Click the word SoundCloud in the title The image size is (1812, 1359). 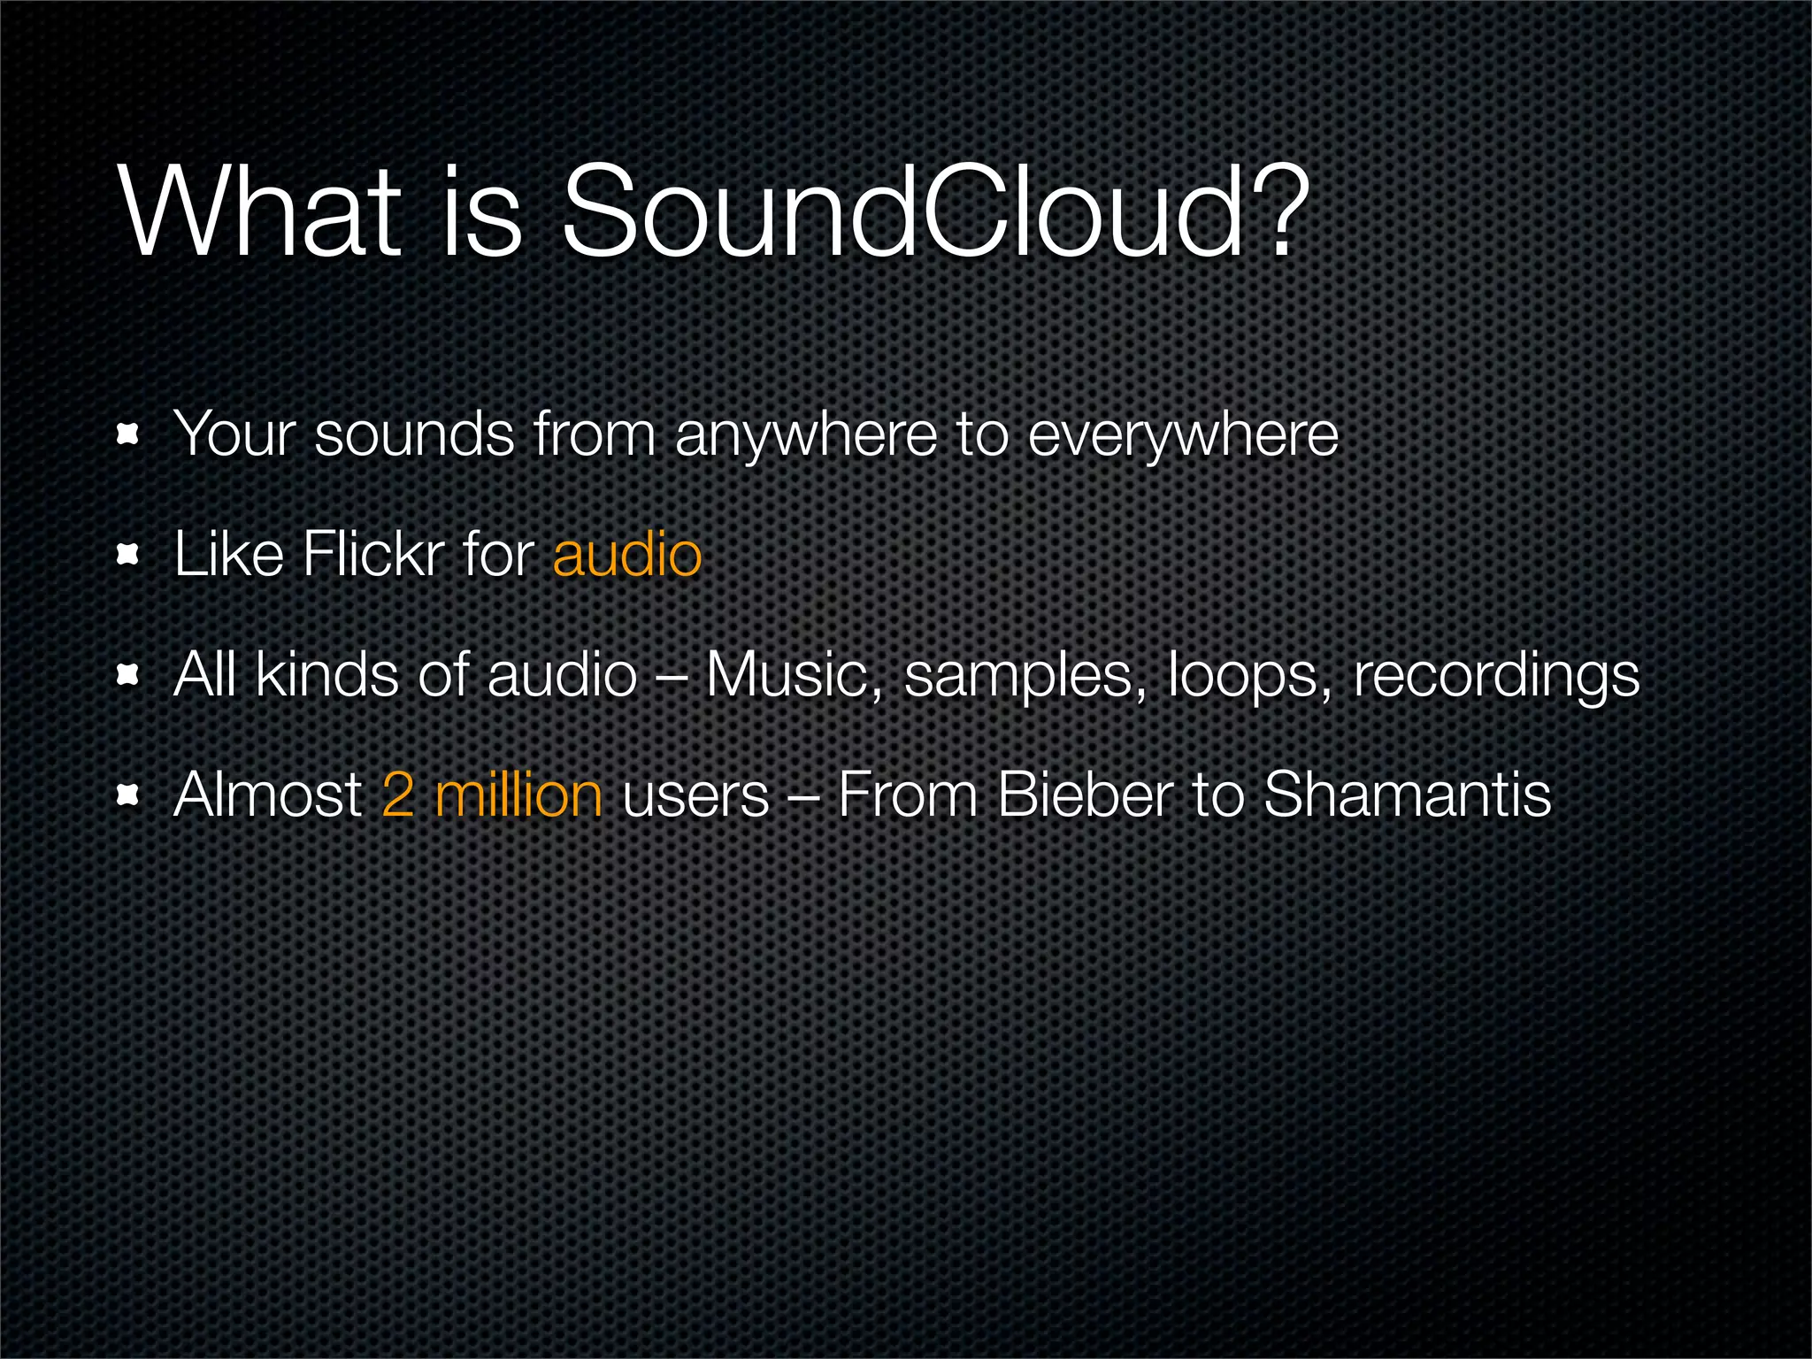pyautogui.click(x=902, y=212)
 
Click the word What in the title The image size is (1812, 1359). pyautogui.click(x=260, y=212)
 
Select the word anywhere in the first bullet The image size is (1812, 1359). pyautogui.click(x=805, y=435)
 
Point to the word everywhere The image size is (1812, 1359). pyautogui.click(x=1183, y=435)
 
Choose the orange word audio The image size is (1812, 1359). pyautogui.click(x=626, y=555)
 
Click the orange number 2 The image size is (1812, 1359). pyautogui.click(x=398, y=795)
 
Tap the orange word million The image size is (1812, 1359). pyautogui.click(x=518, y=795)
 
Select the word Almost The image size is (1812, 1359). pyautogui.click(x=268, y=795)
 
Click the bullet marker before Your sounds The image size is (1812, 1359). pyautogui.click(x=129, y=434)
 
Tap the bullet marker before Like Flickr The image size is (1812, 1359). pyautogui.click(x=129, y=555)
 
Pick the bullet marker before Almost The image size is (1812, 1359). pyautogui.click(x=129, y=795)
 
